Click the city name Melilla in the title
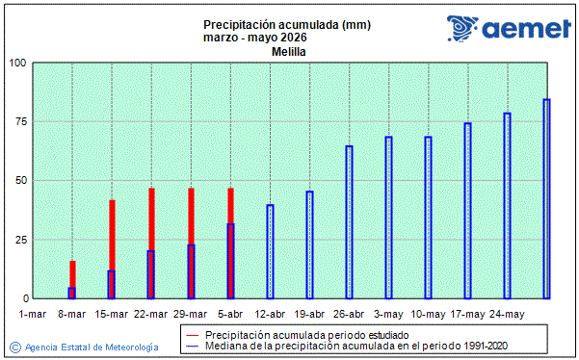(x=288, y=52)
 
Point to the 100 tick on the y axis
(x=16, y=64)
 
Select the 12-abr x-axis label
(x=270, y=315)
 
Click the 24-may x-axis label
(x=507, y=315)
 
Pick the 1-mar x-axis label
(x=33, y=315)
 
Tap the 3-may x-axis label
(x=388, y=315)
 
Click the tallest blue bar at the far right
(x=546, y=198)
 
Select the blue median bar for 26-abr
(x=349, y=221)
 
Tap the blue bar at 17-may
(x=467, y=210)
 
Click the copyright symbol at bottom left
(x=14, y=346)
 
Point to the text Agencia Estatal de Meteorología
(x=92, y=346)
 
